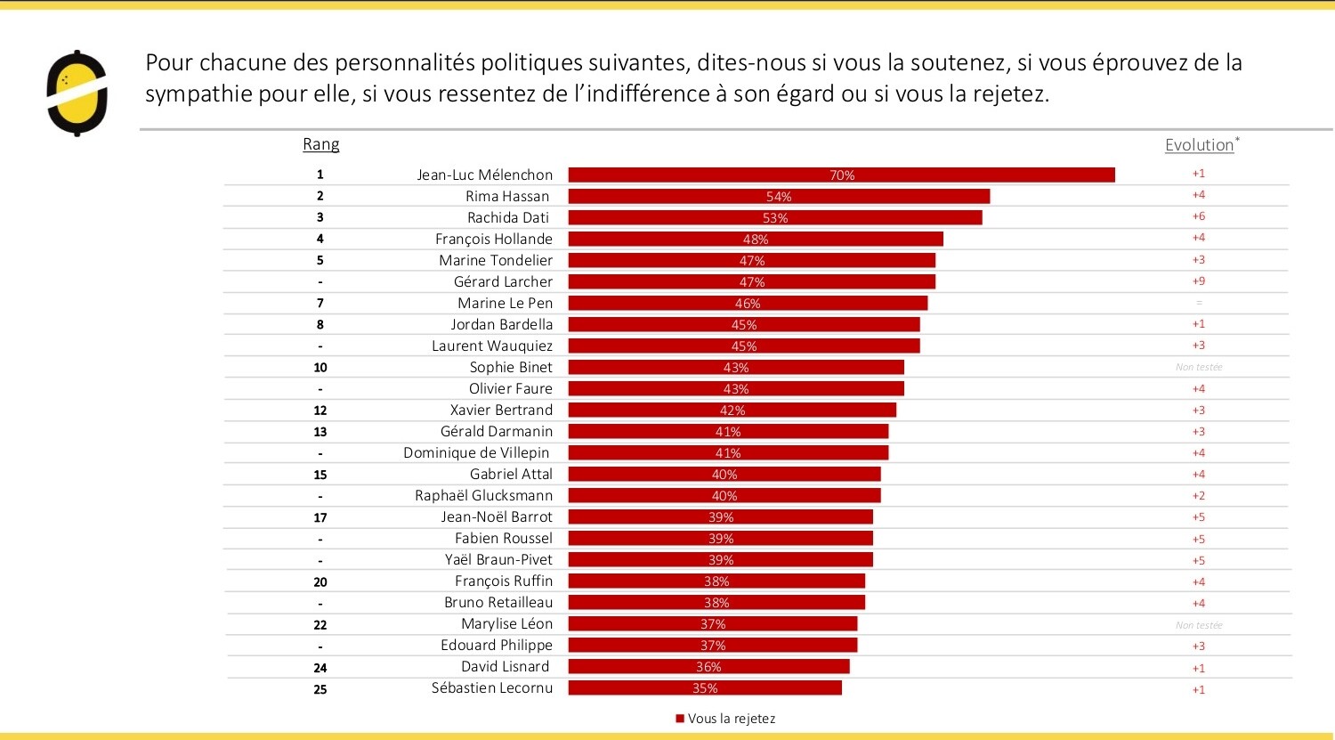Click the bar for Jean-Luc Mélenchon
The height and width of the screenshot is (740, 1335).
point(841,175)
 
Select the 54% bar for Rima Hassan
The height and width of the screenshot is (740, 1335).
point(779,197)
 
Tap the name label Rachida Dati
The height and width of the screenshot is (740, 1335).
point(508,218)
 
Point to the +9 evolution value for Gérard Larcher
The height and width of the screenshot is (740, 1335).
point(1199,281)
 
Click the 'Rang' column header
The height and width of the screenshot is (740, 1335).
point(320,144)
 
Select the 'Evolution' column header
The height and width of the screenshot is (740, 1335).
point(1200,145)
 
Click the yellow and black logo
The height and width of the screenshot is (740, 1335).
point(77,94)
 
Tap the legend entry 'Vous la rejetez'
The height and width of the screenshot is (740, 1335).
point(725,719)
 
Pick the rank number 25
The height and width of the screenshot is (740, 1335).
point(320,689)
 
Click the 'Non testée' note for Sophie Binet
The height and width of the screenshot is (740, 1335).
point(1199,367)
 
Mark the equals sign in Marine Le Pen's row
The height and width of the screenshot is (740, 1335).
point(1199,303)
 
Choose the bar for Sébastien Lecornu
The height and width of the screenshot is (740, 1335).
point(705,688)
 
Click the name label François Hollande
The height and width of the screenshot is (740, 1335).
point(494,239)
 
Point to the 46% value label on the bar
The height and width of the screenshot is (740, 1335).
point(748,304)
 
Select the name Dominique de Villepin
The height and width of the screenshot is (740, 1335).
point(478,452)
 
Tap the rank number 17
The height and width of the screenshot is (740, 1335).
point(320,517)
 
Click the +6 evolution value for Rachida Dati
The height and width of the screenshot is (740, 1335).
point(1199,216)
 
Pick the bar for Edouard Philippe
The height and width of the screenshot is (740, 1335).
point(713,646)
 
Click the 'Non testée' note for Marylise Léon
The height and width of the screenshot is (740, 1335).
point(1199,625)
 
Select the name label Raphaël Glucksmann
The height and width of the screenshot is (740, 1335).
point(483,495)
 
